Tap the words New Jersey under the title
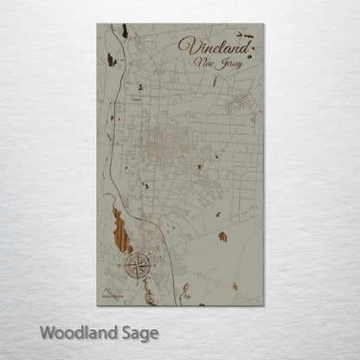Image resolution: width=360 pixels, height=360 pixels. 219,63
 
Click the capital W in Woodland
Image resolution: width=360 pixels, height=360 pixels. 48,331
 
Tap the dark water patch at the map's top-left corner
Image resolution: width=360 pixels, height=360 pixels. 125,31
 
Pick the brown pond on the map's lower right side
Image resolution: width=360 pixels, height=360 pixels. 222,236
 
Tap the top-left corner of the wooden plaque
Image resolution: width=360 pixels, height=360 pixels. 97,24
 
